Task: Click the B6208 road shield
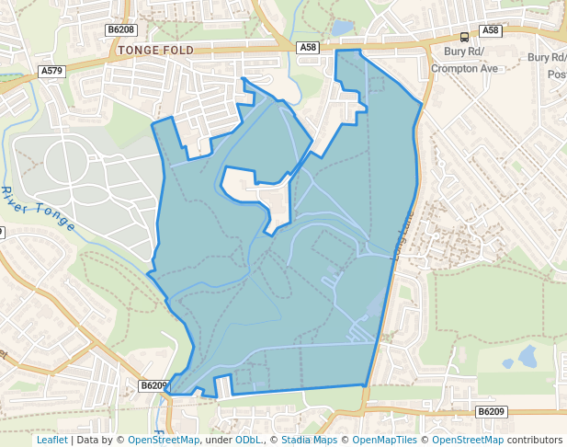[120, 29]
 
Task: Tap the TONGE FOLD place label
[155, 50]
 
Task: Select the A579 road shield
[51, 70]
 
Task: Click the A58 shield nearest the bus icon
[492, 30]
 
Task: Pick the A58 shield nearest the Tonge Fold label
[308, 47]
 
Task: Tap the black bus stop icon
[464, 37]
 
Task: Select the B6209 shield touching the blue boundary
[154, 386]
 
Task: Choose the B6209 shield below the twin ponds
[492, 411]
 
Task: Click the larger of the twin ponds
[527, 355]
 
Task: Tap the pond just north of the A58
[342, 29]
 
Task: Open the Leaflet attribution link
[51, 440]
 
